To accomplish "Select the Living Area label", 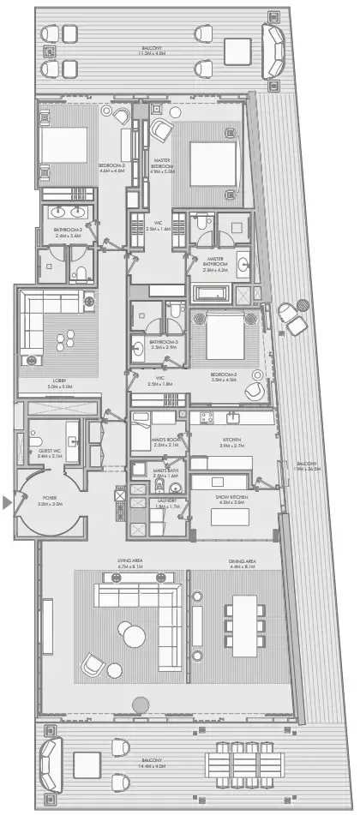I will coord(135,562).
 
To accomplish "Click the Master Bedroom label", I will coord(161,165).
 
